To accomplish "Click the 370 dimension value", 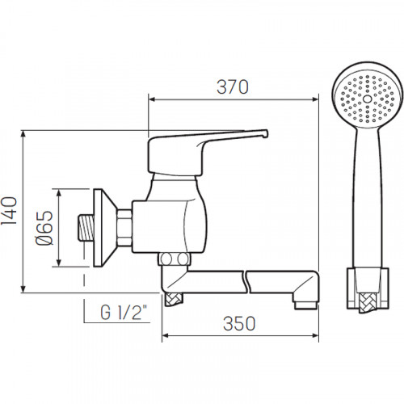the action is pyautogui.click(x=233, y=87).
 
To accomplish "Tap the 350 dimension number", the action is pyautogui.click(x=239, y=323).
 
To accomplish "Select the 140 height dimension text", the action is pyautogui.click(x=10, y=211).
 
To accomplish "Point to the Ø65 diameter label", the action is pyautogui.click(x=44, y=228).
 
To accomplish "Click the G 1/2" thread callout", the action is pyautogui.click(x=124, y=312).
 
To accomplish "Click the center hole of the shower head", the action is pyautogui.click(x=367, y=99).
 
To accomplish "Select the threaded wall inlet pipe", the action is pyautogui.click(x=86, y=228).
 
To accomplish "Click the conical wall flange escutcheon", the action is pyautogui.click(x=106, y=228).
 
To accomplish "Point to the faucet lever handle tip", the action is pyautogui.click(x=265, y=134).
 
